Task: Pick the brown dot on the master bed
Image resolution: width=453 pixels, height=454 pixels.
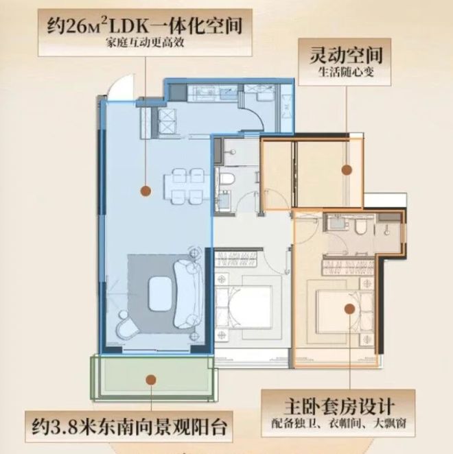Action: [x=349, y=309]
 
